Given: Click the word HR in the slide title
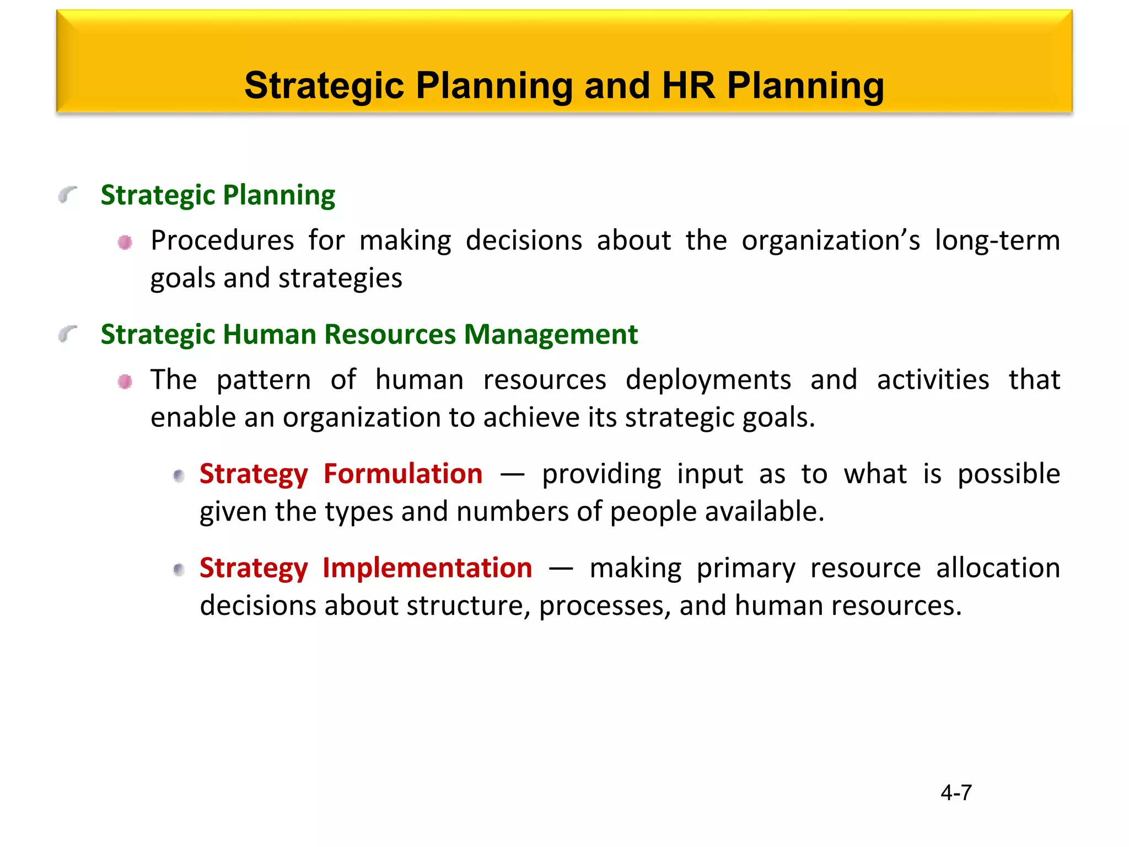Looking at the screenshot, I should point(688,86).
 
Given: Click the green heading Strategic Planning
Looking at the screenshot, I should point(218,195).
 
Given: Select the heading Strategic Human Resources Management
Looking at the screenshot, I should point(369,335).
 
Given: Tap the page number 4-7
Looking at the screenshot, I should point(956,792).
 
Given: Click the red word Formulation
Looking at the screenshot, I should point(403,474).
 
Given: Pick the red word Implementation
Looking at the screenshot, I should point(427,568).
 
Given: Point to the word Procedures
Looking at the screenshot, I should point(222,241).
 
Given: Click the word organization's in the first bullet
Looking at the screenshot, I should point(831,241).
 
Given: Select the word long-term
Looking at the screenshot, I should point(997,241).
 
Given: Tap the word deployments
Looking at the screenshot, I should point(708,380).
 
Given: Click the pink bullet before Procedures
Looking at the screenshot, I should point(125,242).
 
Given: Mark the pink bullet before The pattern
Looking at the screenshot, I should point(125,382).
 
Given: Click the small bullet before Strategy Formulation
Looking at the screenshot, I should point(179,475).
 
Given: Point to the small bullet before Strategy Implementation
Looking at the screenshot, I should point(179,570).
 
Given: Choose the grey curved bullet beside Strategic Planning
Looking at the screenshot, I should point(67,195).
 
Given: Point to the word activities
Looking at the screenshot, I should point(933,380).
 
